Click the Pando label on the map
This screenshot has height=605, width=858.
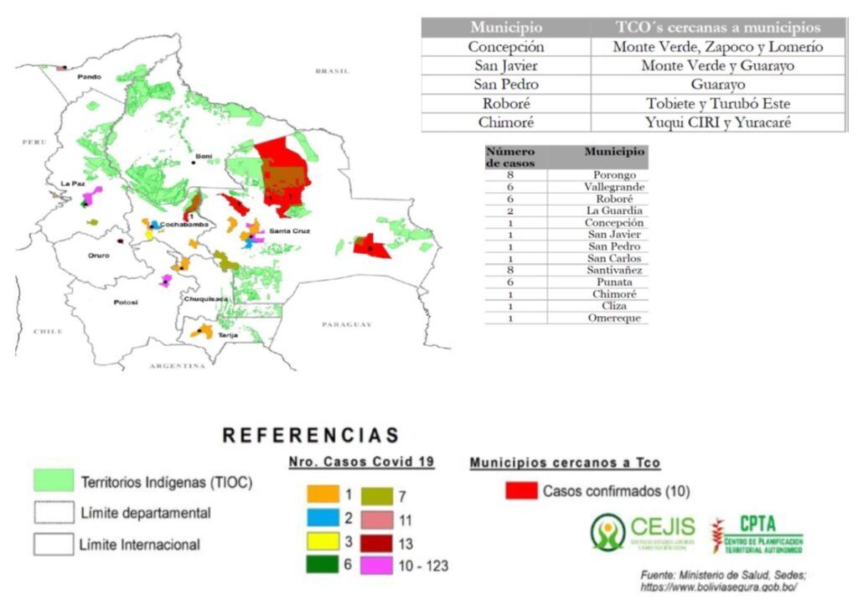(89, 77)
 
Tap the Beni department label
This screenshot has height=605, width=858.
(204, 156)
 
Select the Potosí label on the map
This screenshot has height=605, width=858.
(126, 302)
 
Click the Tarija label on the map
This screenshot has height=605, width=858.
(228, 335)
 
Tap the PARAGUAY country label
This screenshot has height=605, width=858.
(346, 324)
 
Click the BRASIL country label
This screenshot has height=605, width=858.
(332, 71)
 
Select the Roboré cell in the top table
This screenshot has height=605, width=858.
(505, 103)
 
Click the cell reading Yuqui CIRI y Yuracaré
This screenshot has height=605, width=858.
(717, 122)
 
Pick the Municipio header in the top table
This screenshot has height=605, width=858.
(505, 28)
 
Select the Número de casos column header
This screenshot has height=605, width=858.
(510, 157)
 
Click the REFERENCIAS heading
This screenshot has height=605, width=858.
(311, 436)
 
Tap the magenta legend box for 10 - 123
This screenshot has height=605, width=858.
(375, 565)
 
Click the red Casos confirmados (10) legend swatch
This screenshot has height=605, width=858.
(521, 490)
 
